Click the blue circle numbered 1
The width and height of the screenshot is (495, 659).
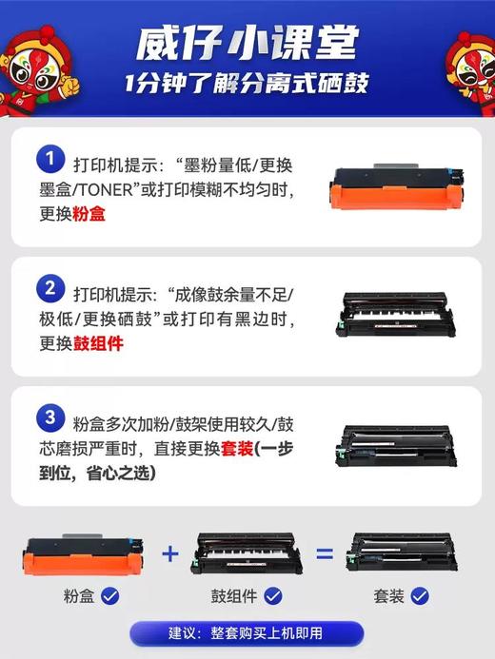point(47,158)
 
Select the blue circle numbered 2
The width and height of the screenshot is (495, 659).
point(47,288)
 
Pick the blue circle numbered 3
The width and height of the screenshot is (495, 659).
point(47,417)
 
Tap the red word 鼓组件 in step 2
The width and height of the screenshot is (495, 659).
point(98,343)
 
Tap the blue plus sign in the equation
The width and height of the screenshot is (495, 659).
point(170,553)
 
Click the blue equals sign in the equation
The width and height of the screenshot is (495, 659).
point(325,553)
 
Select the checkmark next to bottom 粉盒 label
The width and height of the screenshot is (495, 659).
point(109,596)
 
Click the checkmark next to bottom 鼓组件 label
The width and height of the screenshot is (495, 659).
point(273,596)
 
